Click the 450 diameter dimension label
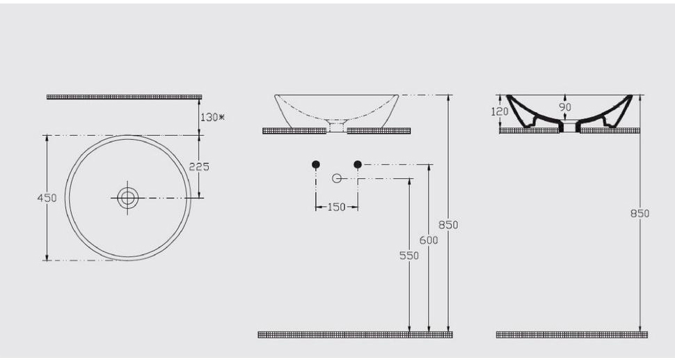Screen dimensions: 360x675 (x=47, y=198)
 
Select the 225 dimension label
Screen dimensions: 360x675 (x=199, y=166)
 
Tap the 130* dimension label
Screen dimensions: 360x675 (x=212, y=117)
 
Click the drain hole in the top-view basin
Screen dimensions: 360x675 (x=127, y=198)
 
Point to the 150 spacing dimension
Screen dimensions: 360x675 (x=336, y=207)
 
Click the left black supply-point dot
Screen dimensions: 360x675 (x=316, y=164)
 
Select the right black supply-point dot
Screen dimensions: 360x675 (x=358, y=164)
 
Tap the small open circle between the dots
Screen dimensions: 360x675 (x=337, y=179)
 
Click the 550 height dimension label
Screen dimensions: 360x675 (x=408, y=256)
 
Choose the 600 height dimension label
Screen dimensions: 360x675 (x=429, y=240)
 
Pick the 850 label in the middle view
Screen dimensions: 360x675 (x=449, y=225)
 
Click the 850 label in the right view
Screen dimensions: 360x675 (x=640, y=213)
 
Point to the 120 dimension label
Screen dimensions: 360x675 (x=500, y=111)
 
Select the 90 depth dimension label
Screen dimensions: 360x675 (x=565, y=107)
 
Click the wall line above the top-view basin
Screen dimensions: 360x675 (x=124, y=97)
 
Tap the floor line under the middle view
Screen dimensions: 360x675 (x=355, y=334)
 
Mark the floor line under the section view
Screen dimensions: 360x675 (x=571, y=334)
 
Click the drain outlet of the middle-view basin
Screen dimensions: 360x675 (x=337, y=128)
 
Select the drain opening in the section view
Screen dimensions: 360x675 (x=570, y=127)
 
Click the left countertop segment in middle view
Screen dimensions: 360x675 (x=294, y=130)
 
